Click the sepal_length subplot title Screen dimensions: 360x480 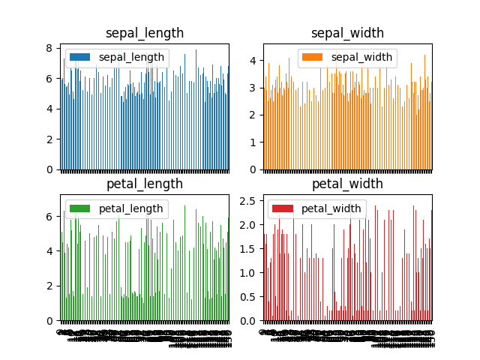(x=145, y=33)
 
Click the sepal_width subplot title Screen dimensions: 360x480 (x=347, y=33)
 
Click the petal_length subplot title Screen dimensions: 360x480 (x=145, y=184)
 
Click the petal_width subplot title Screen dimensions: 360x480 (x=347, y=184)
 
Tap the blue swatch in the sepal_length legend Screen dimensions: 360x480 (x=79, y=58)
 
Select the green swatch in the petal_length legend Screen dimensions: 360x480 (x=79, y=208)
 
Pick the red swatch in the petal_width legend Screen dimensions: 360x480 (x=282, y=208)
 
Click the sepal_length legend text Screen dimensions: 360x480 (x=131, y=58)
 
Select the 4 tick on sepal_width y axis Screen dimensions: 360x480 (x=253, y=61)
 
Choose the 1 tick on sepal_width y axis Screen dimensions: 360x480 (x=253, y=142)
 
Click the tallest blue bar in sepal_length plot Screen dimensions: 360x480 (x=196, y=109)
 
